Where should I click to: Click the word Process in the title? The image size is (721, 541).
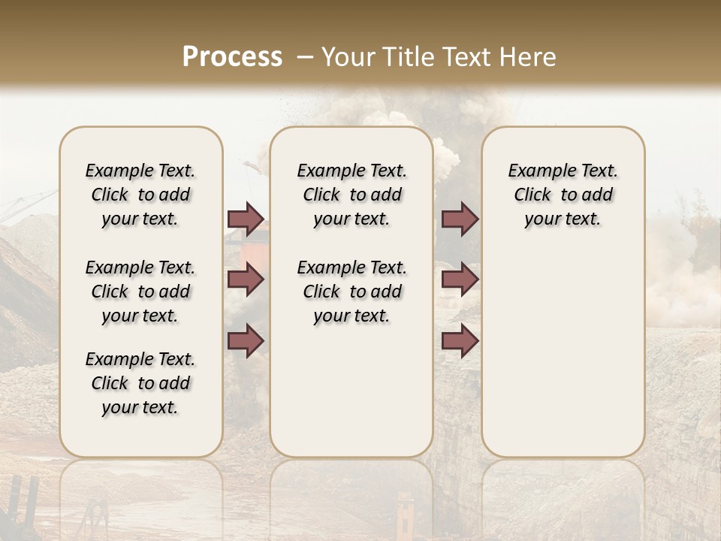232,57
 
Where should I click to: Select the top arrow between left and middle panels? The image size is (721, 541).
246,219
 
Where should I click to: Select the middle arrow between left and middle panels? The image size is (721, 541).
246,280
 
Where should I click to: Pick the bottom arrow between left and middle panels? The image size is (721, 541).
246,341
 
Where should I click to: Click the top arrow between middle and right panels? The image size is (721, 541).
460,219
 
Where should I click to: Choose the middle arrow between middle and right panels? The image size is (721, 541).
460,280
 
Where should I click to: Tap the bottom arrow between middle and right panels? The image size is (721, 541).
460,341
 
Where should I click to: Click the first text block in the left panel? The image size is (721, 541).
140,195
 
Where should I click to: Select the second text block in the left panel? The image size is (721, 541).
140,292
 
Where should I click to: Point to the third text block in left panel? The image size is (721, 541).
140,383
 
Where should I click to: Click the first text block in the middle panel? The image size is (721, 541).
351,195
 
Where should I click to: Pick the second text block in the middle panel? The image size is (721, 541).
351,292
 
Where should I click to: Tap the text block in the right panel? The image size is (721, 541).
563,195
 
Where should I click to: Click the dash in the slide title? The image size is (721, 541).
304,57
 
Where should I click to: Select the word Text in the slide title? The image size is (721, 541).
466,57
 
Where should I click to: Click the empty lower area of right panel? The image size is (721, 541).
563,353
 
